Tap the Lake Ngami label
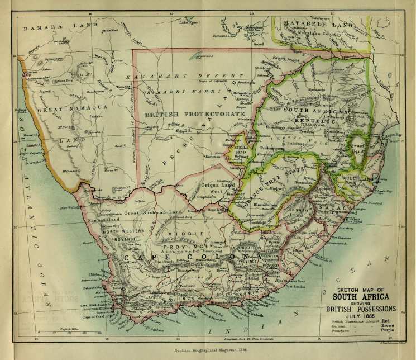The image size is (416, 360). point(189,23)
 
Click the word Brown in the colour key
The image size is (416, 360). point(388,327)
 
